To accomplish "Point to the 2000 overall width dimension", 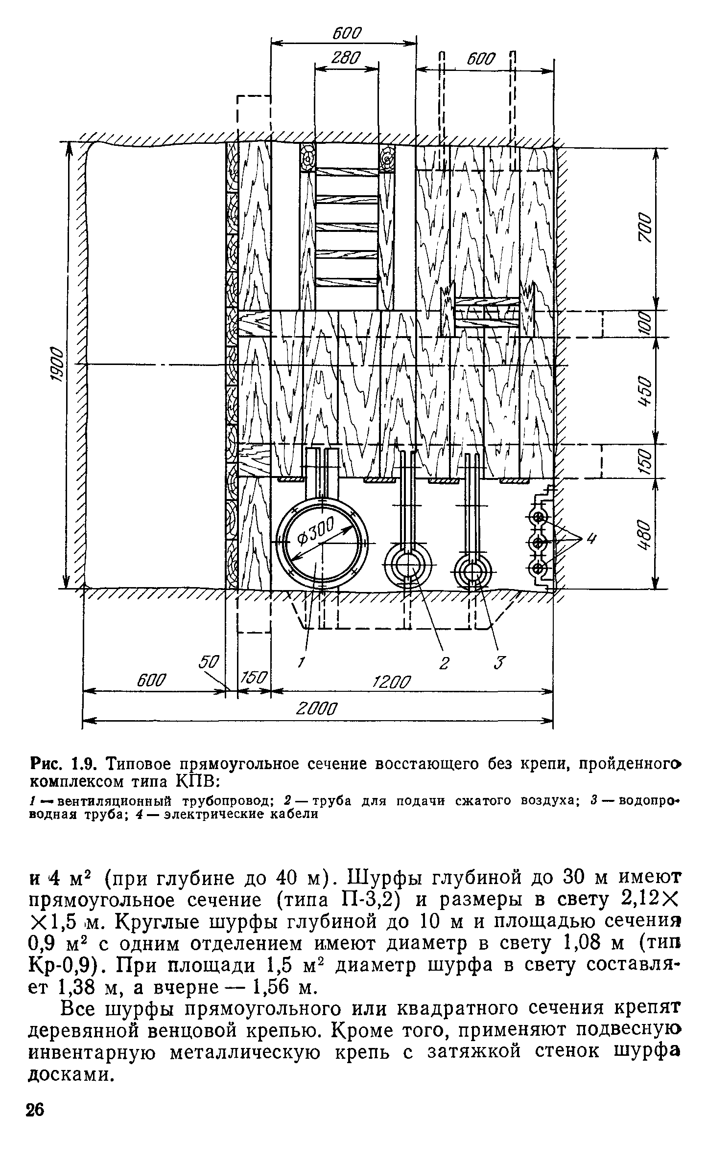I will (x=318, y=709).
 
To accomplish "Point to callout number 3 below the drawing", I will (x=498, y=663).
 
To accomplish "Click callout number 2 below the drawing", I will (x=444, y=663).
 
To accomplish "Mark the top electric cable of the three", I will (x=538, y=517).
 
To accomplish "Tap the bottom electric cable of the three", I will (x=538, y=568).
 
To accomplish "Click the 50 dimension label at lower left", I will (x=209, y=661).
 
